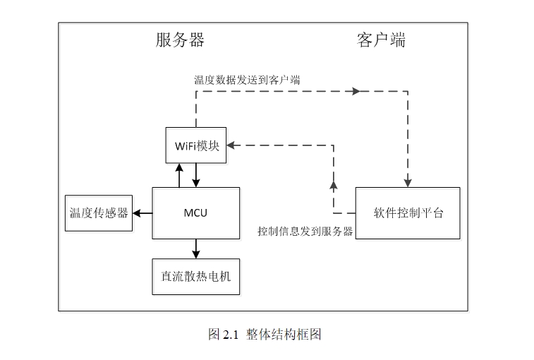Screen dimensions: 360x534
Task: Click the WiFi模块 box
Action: tap(196, 145)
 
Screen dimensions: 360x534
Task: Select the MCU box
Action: tap(196, 212)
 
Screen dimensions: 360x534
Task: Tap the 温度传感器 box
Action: tap(99, 212)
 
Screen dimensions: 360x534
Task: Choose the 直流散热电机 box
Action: tap(196, 277)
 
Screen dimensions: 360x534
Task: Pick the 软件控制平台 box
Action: tap(408, 212)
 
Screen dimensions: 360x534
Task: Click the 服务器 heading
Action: tap(180, 40)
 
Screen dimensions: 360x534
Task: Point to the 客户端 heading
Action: tap(381, 40)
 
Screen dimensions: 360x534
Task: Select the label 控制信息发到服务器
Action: tap(305, 231)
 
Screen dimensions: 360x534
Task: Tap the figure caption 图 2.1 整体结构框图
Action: tap(265, 335)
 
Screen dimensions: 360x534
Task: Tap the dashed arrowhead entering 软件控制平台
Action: tap(408, 181)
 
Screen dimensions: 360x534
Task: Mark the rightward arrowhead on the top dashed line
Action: tap(356, 92)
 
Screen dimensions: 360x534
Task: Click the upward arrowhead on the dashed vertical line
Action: tap(334, 185)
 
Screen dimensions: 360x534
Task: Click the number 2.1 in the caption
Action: tap(231, 335)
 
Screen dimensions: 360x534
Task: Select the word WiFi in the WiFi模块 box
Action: tap(186, 146)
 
